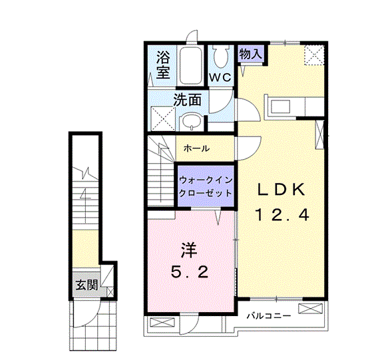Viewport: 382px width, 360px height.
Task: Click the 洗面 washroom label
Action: [187, 100]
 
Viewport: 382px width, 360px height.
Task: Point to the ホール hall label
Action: [197, 148]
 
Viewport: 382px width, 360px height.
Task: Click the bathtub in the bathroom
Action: [193, 66]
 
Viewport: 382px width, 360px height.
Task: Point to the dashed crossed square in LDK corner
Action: [313, 55]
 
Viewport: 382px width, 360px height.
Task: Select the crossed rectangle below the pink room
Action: [163, 324]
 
